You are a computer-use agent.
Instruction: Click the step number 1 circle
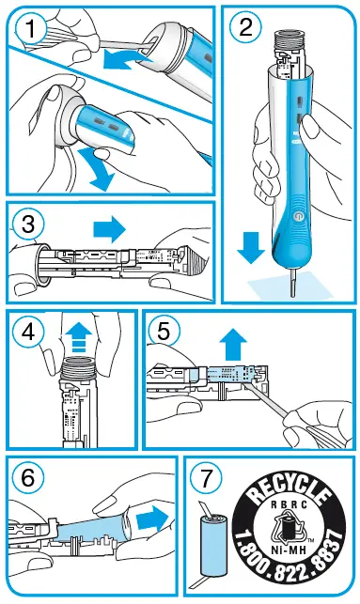[x=34, y=30]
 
